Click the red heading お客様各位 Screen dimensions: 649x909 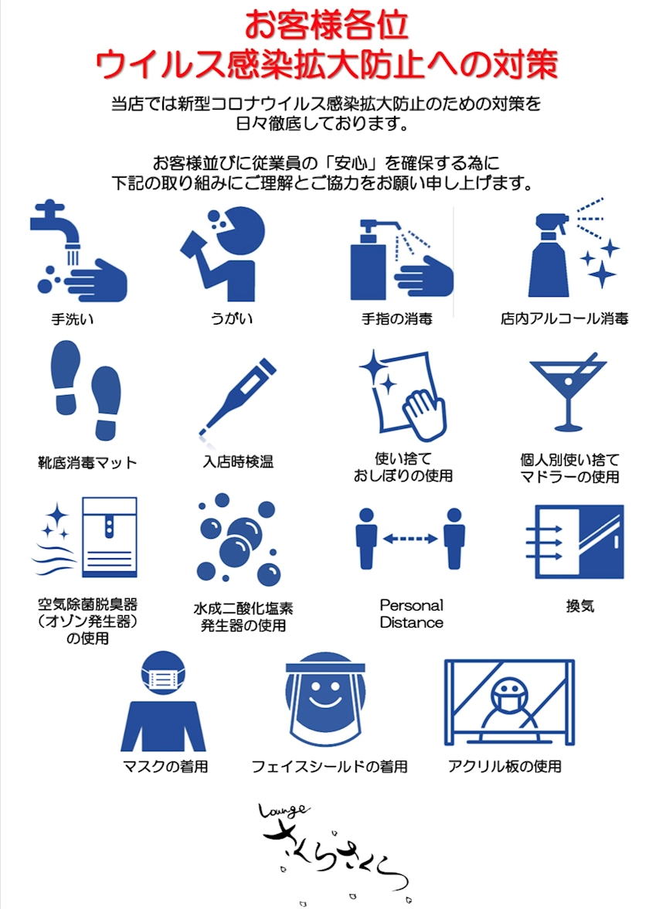tap(326, 25)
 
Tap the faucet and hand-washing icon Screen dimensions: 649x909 tap(78, 251)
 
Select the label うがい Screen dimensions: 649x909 tap(231, 318)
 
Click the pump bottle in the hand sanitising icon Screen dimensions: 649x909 tap(369, 261)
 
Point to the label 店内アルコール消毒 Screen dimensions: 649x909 tap(564, 318)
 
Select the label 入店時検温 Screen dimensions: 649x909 tap(238, 462)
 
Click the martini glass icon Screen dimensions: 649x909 tap(568, 393)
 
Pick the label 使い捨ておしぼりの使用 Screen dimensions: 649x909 tap(403, 467)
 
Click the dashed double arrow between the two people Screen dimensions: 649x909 tap(410, 539)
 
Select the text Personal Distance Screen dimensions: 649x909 tap(411, 614)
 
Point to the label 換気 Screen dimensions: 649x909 tap(579, 606)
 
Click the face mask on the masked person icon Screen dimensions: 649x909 tap(164, 677)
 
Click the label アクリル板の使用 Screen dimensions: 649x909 tap(505, 767)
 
